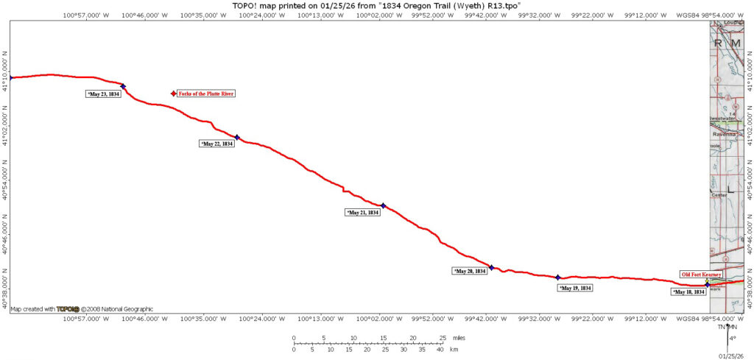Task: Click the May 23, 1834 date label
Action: (x=104, y=94)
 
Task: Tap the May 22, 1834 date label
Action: (x=217, y=144)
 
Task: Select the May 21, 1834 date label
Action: (x=363, y=213)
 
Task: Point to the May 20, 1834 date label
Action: (x=470, y=272)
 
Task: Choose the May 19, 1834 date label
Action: (x=576, y=289)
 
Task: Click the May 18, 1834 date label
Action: (x=688, y=292)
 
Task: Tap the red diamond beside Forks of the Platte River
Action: (x=174, y=93)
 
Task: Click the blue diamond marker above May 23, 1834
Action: (x=123, y=86)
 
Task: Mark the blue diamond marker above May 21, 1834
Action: (x=383, y=205)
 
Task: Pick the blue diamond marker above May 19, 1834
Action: (x=558, y=278)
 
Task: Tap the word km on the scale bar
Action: (x=454, y=350)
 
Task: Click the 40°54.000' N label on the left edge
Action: (x=5, y=186)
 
